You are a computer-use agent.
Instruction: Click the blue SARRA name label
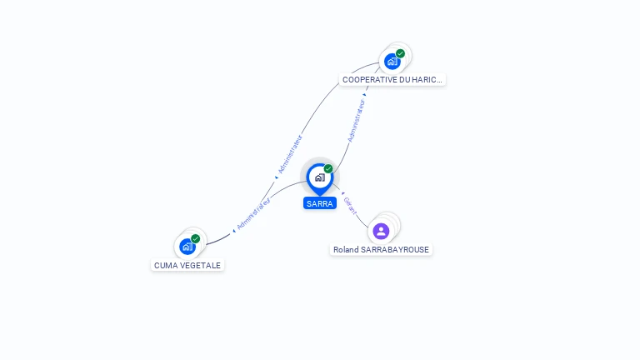tap(320, 203)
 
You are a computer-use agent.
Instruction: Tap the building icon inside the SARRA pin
tap(320, 177)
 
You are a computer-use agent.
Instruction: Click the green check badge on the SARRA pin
tap(328, 168)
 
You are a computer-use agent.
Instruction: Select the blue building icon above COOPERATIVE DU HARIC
tap(392, 62)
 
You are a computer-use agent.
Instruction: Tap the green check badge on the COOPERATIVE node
tap(400, 53)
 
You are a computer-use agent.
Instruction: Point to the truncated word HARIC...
tap(427, 80)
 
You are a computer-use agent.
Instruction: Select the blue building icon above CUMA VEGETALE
tap(187, 247)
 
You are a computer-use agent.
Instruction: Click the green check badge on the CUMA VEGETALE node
tap(196, 239)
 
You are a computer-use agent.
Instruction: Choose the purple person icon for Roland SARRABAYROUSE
tap(381, 232)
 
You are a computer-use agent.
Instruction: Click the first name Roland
tap(346, 249)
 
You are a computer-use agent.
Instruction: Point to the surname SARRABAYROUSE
tap(395, 249)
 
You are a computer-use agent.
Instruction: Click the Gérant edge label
tap(350, 206)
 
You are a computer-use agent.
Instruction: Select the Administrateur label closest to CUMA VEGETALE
tap(253, 213)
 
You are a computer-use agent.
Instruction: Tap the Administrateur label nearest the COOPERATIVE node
tap(356, 120)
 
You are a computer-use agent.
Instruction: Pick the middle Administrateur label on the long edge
tap(290, 154)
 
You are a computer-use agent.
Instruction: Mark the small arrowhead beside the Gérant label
tap(342, 193)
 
